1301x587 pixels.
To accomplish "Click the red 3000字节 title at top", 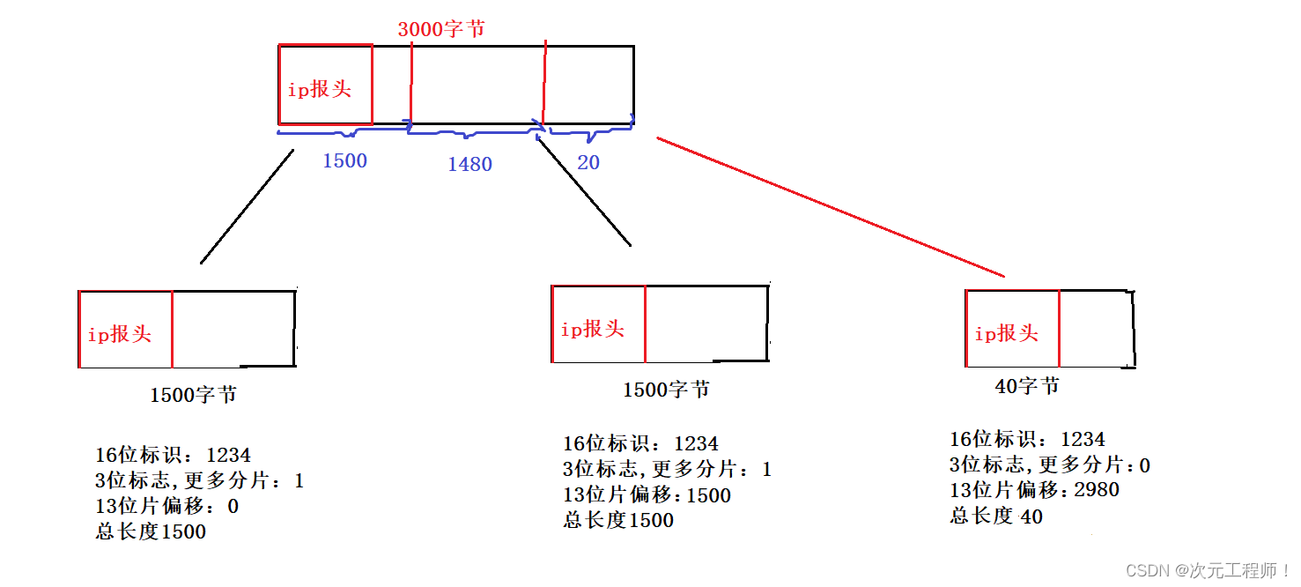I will pyautogui.click(x=440, y=28).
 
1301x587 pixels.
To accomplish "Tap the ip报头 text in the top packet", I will pyautogui.click(x=319, y=89).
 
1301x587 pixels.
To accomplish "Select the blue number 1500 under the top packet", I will pyautogui.click(x=344, y=161).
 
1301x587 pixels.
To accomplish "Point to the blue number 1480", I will pyautogui.click(x=469, y=164).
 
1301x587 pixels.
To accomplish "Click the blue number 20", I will pyautogui.click(x=588, y=163).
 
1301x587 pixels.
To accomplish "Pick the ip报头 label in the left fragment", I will pyautogui.click(x=119, y=334).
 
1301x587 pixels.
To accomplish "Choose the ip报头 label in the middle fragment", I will pyautogui.click(x=592, y=329).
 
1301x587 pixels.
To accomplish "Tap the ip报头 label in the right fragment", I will pyautogui.click(x=1006, y=333).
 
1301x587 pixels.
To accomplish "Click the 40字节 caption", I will pyautogui.click(x=1027, y=386).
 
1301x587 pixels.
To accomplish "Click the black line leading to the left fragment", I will pyautogui.click(x=247, y=207).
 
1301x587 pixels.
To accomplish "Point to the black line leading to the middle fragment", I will pyautogui.click(x=583, y=190).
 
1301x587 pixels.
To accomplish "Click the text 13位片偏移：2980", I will pyautogui.click(x=1034, y=490).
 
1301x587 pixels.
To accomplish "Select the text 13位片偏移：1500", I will pyautogui.click(x=647, y=495).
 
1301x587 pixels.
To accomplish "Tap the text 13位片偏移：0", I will pyautogui.click(x=166, y=507).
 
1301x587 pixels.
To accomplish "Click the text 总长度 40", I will pyautogui.click(x=995, y=516).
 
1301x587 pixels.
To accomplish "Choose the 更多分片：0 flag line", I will pyautogui.click(x=1049, y=464).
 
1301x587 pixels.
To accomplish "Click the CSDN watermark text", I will pyautogui.click(x=1208, y=570).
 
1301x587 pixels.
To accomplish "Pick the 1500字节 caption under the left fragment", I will pyautogui.click(x=193, y=395).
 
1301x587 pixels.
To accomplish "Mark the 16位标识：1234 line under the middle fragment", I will pyautogui.click(x=640, y=443).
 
